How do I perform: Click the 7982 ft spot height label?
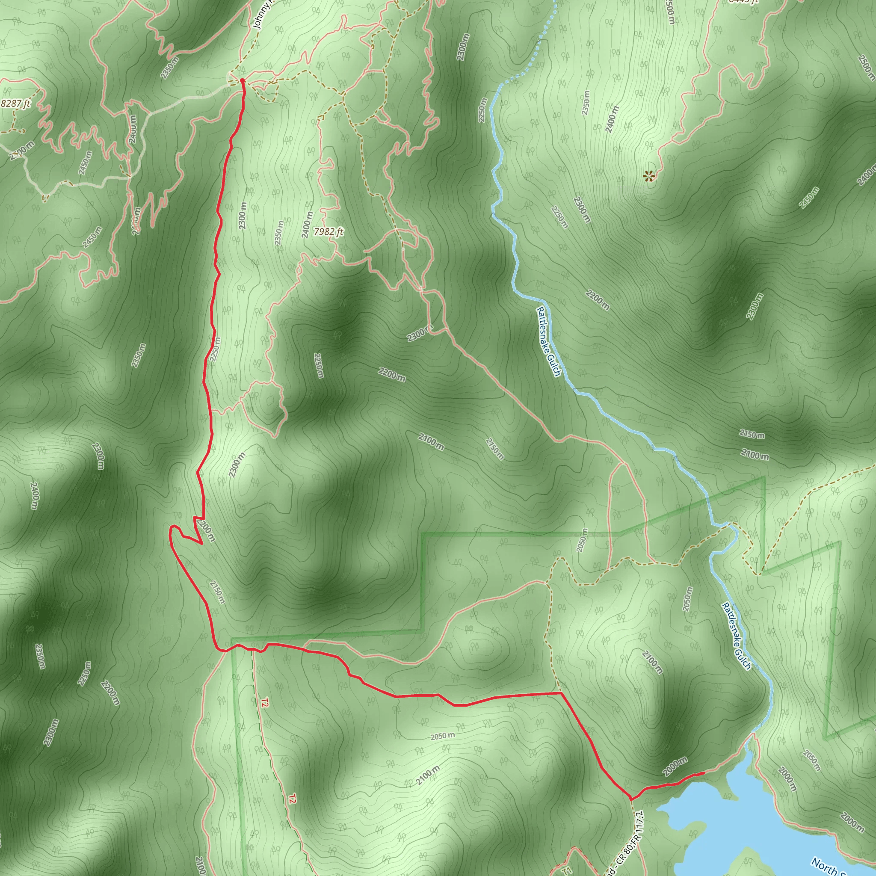[x=329, y=232]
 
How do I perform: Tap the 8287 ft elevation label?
[x=15, y=104]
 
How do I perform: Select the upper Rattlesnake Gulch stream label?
[x=549, y=342]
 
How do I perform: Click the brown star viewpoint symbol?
[x=650, y=176]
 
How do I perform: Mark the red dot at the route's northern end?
[x=242, y=81]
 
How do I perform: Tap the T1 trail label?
[x=565, y=870]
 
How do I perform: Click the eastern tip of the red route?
[x=703, y=772]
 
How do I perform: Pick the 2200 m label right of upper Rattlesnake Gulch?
[x=597, y=300]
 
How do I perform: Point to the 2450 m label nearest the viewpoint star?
[x=809, y=198]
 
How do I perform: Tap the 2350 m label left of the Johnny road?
[x=169, y=68]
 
